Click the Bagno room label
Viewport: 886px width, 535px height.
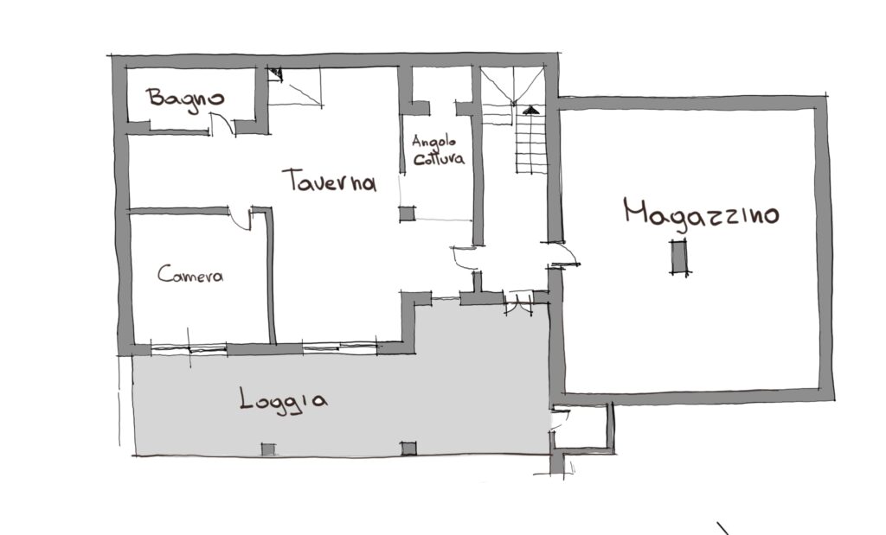185,99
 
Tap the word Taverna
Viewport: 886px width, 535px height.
330,181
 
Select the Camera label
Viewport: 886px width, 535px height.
190,274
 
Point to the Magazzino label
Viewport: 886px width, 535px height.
701,214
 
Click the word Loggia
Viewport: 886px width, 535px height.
283,399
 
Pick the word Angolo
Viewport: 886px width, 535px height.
433,140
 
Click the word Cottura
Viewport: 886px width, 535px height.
439,158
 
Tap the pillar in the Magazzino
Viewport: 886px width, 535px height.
679,257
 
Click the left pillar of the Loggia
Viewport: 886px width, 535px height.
268,449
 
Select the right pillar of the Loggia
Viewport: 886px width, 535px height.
408,449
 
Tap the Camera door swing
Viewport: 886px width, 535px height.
241,219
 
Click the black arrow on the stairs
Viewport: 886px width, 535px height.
530,110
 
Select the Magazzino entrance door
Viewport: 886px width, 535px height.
565,255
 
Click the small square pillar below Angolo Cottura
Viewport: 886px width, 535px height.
407,213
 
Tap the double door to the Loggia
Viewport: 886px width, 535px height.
519,303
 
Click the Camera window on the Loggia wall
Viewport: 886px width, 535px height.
189,349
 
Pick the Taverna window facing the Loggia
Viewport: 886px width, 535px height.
339,347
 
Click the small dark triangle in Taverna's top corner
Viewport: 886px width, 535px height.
275,73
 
